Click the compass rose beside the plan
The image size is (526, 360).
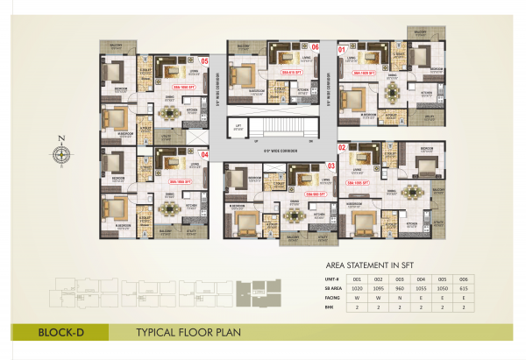pos(62,153)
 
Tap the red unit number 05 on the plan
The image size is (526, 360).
pos(204,61)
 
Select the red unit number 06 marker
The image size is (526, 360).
pos(315,47)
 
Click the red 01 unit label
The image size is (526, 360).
pos(343,50)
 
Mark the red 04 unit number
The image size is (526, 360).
pos(205,156)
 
